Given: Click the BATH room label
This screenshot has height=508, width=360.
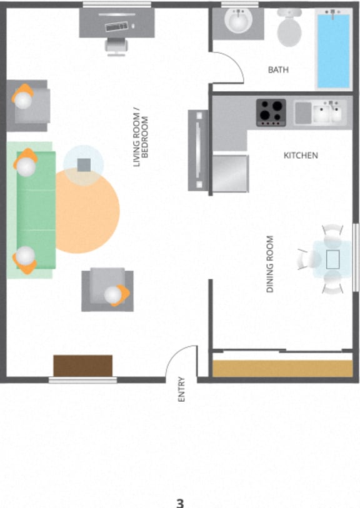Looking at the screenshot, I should click(x=278, y=70).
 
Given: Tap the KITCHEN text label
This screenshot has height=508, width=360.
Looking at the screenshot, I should click(x=301, y=155).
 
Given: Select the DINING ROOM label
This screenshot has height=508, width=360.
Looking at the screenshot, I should click(x=271, y=264).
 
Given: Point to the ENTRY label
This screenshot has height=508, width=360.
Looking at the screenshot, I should click(x=181, y=388).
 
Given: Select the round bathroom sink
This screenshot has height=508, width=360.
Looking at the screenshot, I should click(x=238, y=23).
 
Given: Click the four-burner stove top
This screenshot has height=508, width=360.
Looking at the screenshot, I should click(x=271, y=113).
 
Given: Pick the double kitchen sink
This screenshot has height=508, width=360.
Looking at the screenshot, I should click(x=327, y=113).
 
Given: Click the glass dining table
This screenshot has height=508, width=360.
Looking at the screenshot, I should click(x=332, y=258).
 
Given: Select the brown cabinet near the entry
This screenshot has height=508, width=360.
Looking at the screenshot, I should click(x=82, y=366).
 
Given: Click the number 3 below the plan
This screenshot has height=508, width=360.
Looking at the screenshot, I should click(x=180, y=502).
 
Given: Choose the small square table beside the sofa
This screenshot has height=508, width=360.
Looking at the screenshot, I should click(x=84, y=165).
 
